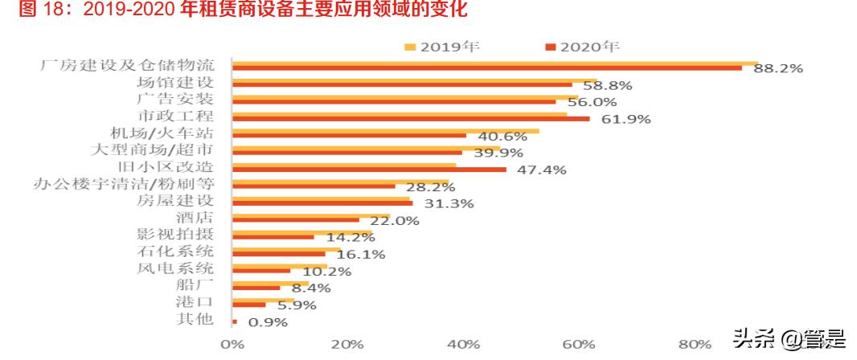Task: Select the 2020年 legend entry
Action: click(x=582, y=46)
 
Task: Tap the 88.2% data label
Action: click(x=777, y=69)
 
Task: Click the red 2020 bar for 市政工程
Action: click(x=410, y=119)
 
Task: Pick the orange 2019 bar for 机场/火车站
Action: click(x=385, y=130)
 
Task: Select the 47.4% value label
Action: click(x=540, y=170)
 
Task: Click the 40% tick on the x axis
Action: click(x=462, y=344)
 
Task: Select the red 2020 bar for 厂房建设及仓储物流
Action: click(x=486, y=68)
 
